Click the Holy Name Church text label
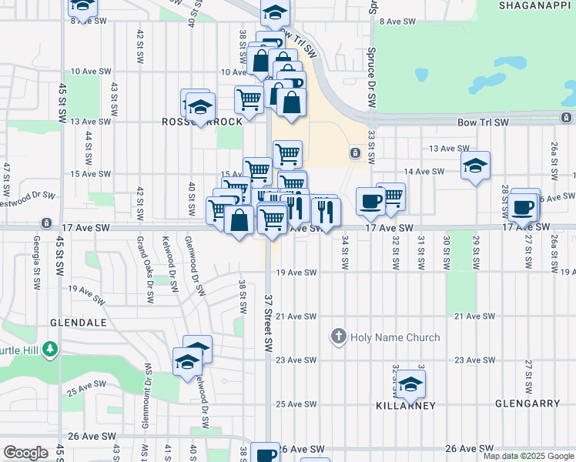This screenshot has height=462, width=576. click(x=395, y=337)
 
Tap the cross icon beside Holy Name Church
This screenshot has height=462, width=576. click(x=338, y=336)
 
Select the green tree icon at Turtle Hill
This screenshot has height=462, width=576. click(x=50, y=350)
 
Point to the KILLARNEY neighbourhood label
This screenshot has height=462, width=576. click(x=406, y=405)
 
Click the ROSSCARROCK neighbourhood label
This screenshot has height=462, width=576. click(x=202, y=122)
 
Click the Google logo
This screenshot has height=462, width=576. click(x=25, y=452)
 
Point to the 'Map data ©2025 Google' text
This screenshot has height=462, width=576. click(x=527, y=456)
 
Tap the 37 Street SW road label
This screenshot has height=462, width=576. click(x=269, y=320)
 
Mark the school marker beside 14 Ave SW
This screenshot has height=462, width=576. click(x=476, y=166)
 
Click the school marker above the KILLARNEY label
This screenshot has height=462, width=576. click(x=410, y=383)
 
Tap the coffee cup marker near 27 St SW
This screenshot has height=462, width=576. click(x=524, y=206)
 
